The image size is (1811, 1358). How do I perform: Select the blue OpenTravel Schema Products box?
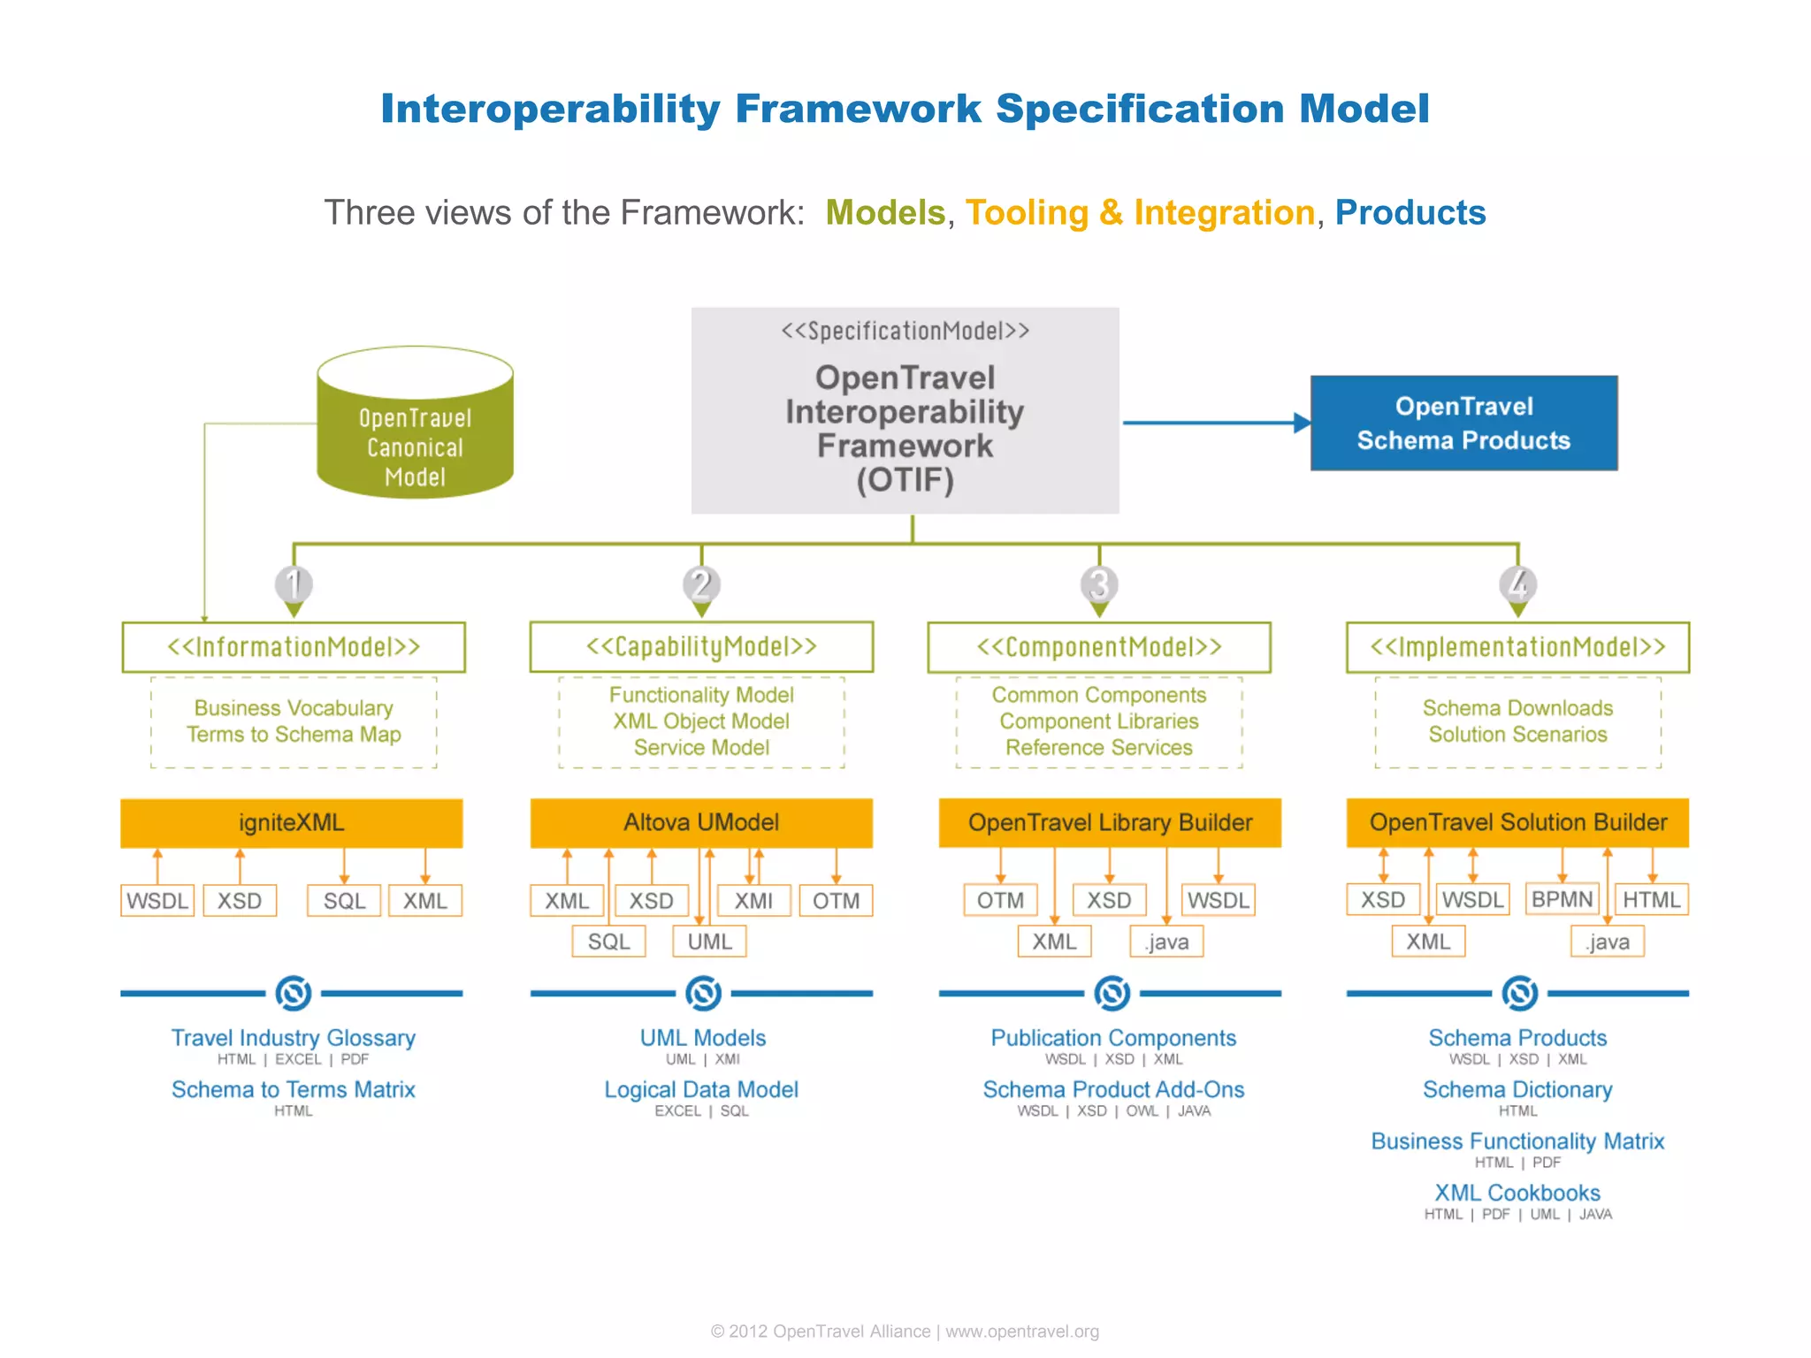(1463, 423)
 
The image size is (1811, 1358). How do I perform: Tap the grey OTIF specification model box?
(905, 411)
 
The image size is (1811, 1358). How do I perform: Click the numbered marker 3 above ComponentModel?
(1099, 584)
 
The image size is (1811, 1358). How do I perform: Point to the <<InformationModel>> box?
(294, 647)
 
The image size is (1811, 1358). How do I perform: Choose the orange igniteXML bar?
(291, 823)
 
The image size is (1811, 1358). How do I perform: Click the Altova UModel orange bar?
(701, 823)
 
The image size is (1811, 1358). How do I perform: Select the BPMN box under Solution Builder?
(1562, 899)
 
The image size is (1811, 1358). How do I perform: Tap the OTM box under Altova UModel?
(836, 901)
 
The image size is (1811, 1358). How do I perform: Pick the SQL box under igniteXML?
(344, 901)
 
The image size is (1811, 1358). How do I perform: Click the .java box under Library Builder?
(1166, 942)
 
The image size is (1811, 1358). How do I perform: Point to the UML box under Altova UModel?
(709, 942)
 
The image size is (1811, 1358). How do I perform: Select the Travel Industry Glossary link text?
(293, 1038)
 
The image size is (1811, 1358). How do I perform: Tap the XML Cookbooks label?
(1517, 1193)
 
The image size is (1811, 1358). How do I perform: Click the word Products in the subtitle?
(1410, 213)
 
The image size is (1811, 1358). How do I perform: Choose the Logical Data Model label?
(701, 1089)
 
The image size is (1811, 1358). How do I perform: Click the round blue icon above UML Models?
(703, 993)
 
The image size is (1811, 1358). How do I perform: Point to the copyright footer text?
(905, 1331)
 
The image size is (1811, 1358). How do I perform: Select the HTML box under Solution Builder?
(1651, 900)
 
